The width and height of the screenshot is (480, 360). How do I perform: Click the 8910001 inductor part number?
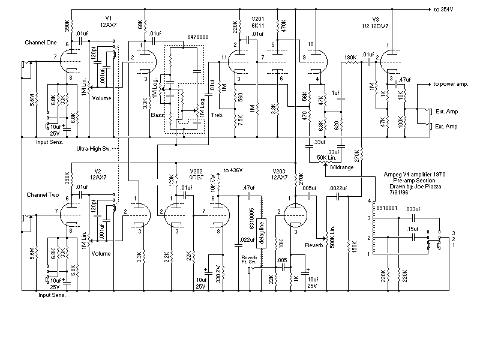click(384, 206)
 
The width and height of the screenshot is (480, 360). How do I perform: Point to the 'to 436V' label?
click(235, 170)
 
